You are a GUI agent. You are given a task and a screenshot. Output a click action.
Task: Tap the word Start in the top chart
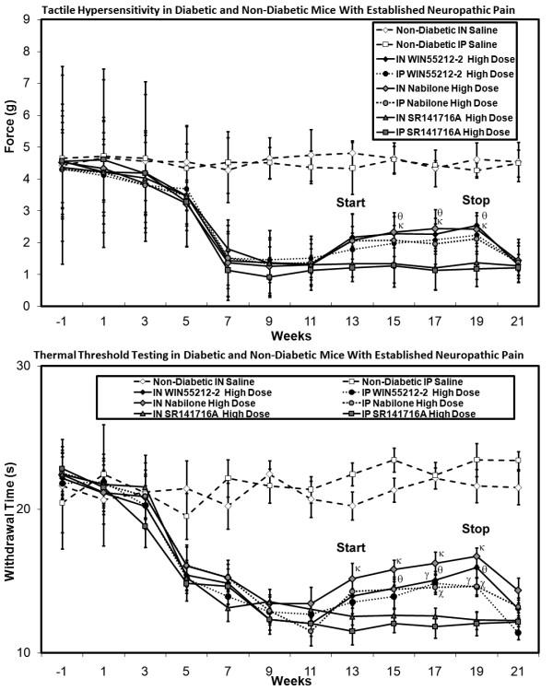pyautogui.click(x=352, y=202)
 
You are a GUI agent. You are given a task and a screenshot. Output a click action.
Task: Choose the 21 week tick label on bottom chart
pyautogui.click(x=519, y=671)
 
